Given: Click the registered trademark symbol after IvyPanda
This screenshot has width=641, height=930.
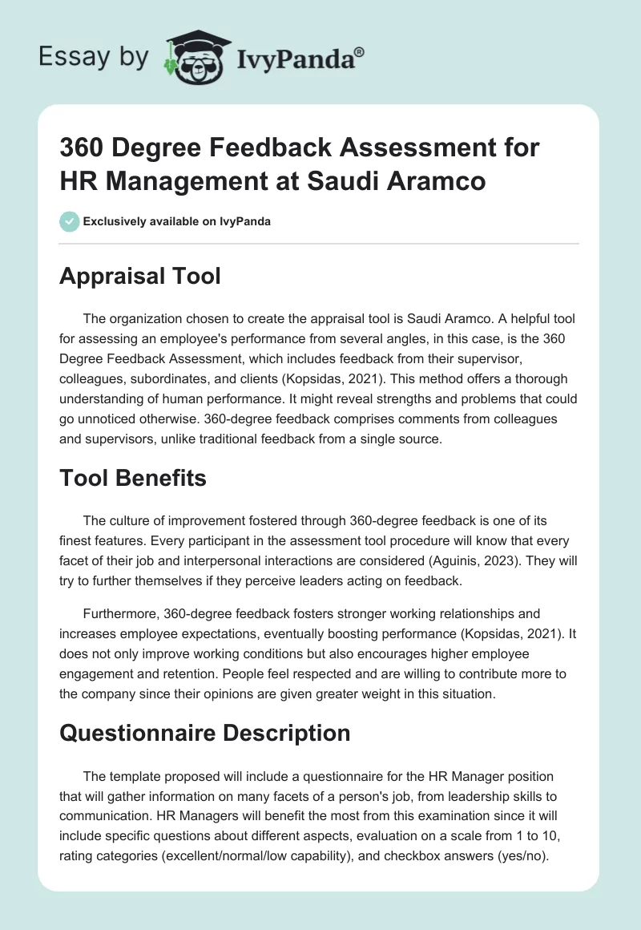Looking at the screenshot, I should click(x=359, y=52).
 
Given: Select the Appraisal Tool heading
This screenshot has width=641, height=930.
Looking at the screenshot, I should click(x=140, y=277).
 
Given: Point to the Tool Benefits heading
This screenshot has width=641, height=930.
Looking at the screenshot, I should click(x=134, y=479).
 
